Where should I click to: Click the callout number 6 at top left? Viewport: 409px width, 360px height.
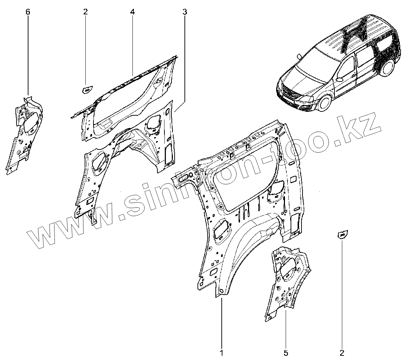pos(28,12)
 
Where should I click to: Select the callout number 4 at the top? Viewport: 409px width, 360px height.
pos(132,12)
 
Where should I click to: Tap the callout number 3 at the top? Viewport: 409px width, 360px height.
pos(185,12)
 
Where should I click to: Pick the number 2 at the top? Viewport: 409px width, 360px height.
pos(85,12)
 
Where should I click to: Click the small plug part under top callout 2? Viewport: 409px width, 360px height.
pos(86,90)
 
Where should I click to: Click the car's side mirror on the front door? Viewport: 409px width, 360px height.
pos(340,79)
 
